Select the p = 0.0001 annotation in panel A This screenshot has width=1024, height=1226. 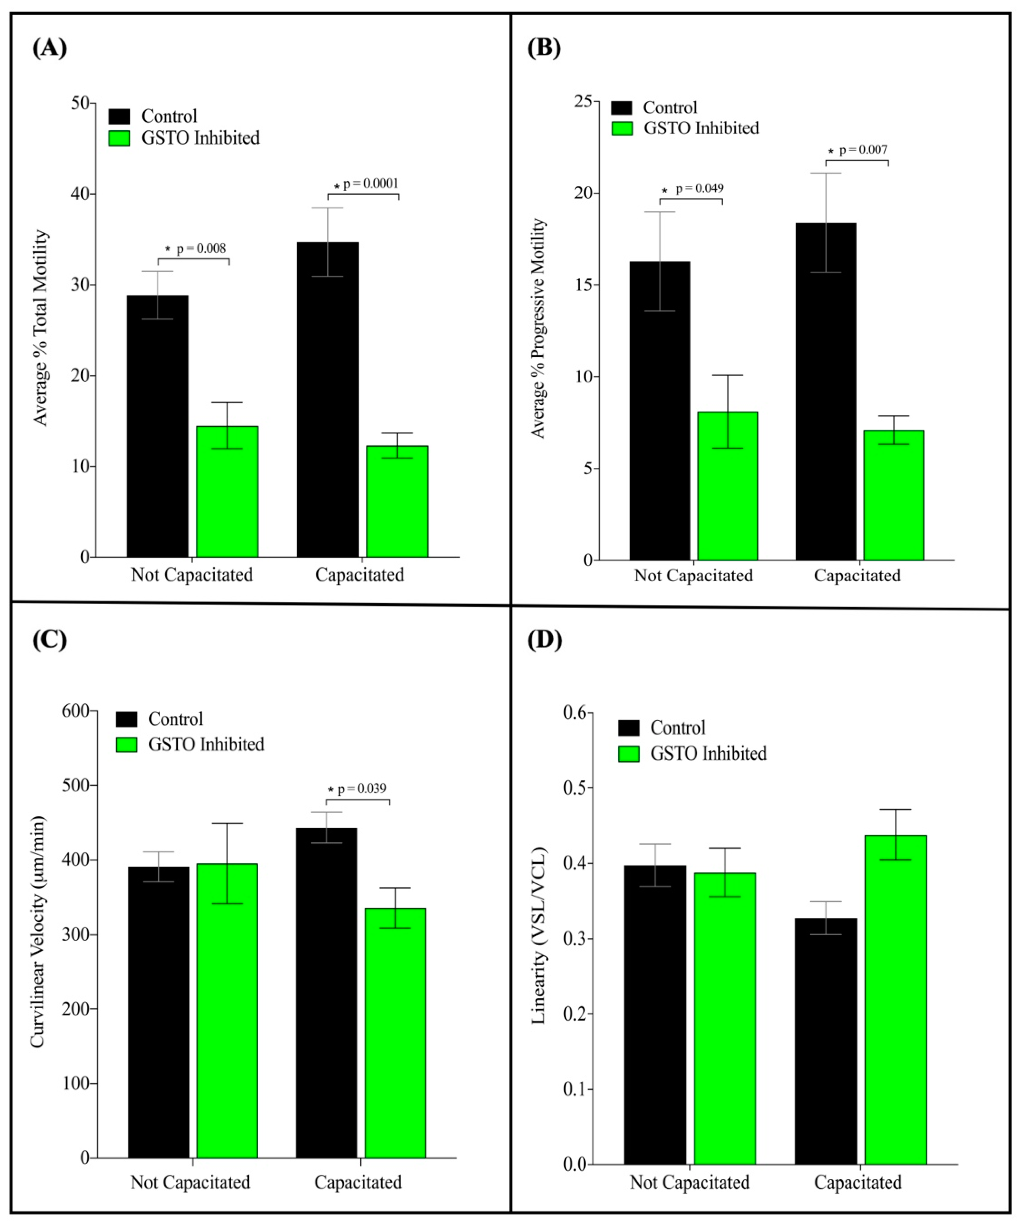tap(371, 184)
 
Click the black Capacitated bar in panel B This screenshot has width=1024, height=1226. tap(826, 391)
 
